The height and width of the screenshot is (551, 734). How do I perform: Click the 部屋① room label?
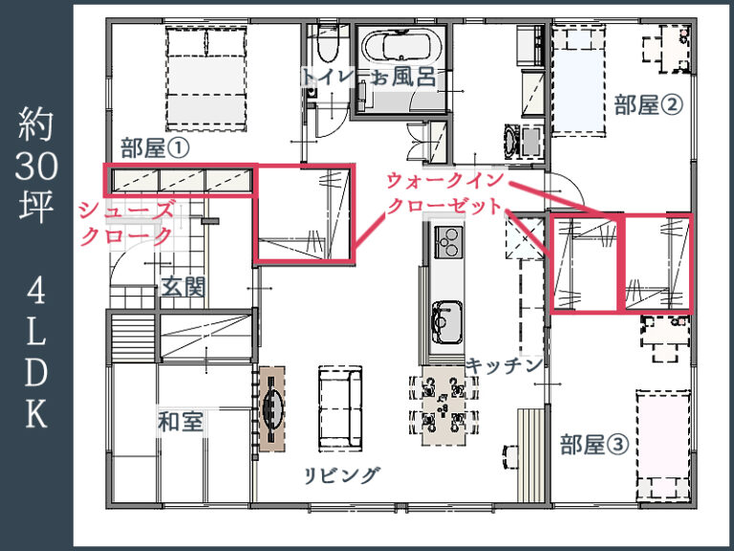pos(156,147)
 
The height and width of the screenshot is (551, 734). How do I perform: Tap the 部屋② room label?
pos(649,105)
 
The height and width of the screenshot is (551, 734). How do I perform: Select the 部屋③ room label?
pos(594,445)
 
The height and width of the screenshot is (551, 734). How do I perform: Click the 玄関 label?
pos(183,286)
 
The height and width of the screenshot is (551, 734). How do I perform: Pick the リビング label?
pos(342,474)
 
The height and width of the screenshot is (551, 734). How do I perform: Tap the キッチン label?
pos(505,364)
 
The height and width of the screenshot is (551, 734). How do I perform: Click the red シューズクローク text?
pos(126,222)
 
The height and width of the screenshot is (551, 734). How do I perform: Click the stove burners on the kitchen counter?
pos(446,241)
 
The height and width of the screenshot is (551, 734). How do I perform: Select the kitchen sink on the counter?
pos(446,317)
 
